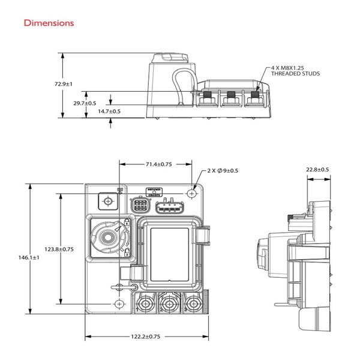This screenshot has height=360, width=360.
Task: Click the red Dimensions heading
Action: (49, 23)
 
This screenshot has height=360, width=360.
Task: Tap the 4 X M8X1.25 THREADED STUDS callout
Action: (295, 70)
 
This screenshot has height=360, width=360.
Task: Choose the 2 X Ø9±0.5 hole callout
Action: (223, 171)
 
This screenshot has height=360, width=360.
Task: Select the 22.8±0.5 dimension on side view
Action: (317, 170)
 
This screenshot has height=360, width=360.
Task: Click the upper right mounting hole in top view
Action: (191, 193)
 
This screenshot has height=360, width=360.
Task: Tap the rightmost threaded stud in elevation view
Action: (256, 95)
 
